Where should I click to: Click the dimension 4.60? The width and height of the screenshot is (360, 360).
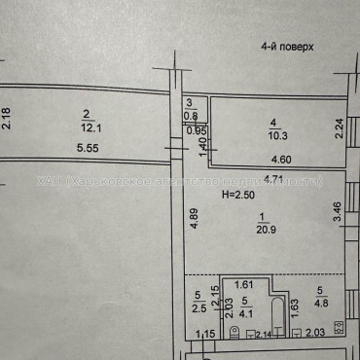click(x=279, y=160)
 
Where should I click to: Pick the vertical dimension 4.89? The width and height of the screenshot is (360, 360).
click(x=193, y=220)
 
